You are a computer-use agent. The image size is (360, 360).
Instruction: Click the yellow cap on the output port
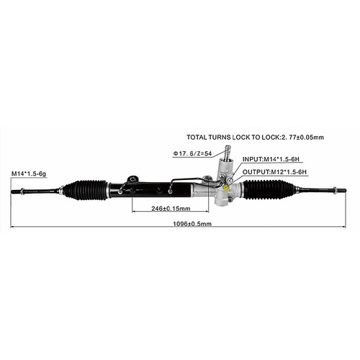coord(226,188)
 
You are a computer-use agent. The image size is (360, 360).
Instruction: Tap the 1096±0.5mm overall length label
coord(192,224)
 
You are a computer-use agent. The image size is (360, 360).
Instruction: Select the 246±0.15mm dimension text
coord(171,209)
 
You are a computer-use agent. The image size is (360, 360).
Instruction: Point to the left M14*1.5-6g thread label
coord(29,174)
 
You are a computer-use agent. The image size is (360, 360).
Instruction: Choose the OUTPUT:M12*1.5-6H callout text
coord(274,172)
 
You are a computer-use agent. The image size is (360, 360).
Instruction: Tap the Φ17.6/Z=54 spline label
coord(192,153)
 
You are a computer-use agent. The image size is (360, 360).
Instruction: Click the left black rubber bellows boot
coord(85,190)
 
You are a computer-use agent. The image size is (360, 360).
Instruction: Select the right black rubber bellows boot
coord(269,189)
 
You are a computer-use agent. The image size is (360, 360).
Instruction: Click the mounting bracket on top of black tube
coord(132,179)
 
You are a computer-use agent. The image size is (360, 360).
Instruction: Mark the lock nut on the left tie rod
coord(22,192)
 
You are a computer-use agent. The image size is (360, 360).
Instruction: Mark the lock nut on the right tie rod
coord(334,190)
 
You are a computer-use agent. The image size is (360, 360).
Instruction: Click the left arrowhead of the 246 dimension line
coord(133,212)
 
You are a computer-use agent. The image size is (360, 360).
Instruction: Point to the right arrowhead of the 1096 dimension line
coord(344,227)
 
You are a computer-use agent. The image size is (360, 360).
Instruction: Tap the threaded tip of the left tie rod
coord(16,192)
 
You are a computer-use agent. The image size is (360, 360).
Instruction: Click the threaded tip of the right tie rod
coord(341,190)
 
